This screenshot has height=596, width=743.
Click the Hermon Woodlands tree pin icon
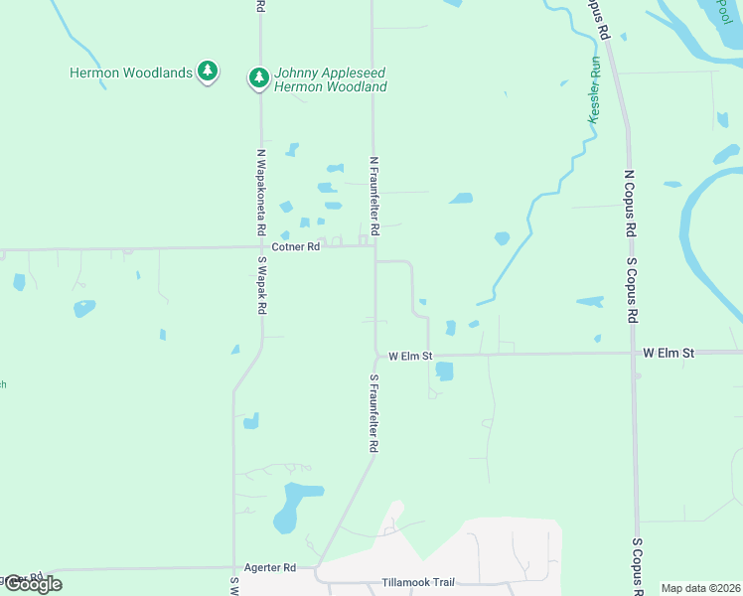pyautogui.click(x=207, y=71)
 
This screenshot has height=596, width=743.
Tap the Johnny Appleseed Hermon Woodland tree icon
pyautogui.click(x=258, y=76)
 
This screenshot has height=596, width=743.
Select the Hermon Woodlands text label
pyautogui.click(x=131, y=73)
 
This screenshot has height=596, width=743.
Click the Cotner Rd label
pyautogui.click(x=296, y=246)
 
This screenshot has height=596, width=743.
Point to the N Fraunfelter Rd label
pyautogui.click(x=374, y=195)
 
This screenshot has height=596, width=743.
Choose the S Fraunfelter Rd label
pyautogui.click(x=374, y=413)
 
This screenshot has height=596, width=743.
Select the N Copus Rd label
pyautogui.click(x=629, y=204)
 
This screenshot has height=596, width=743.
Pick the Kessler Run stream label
pyautogui.click(x=595, y=90)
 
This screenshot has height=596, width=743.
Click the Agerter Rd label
pyautogui.click(x=275, y=568)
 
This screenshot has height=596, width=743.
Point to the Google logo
pyautogui.click(x=33, y=584)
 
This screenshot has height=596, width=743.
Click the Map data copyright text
pyautogui.click(x=699, y=588)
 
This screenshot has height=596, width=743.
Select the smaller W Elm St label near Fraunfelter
pyautogui.click(x=410, y=356)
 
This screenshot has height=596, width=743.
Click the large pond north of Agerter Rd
pyautogui.click(x=296, y=504)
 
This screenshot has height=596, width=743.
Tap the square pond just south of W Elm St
pyautogui.click(x=444, y=372)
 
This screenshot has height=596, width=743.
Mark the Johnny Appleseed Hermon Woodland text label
pyautogui.click(x=330, y=80)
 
